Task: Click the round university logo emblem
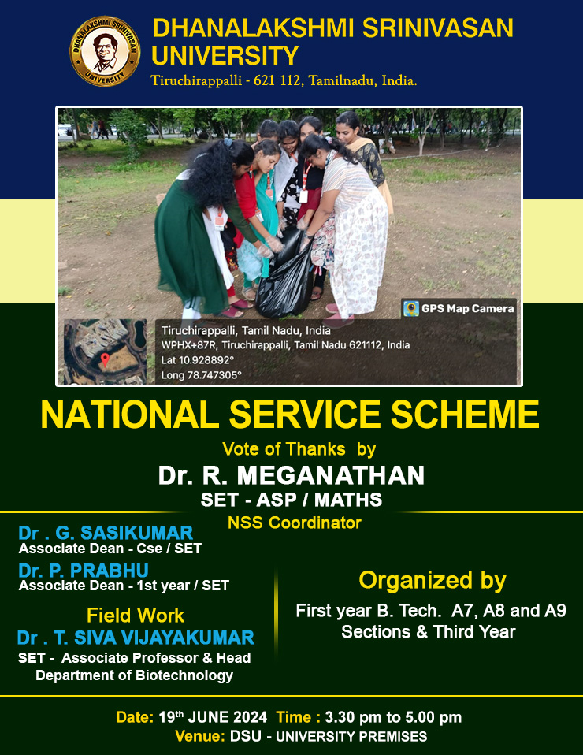click(x=105, y=51)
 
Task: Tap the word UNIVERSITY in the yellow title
click(x=225, y=56)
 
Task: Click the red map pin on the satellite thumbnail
click(x=105, y=359)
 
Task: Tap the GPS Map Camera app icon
click(x=410, y=309)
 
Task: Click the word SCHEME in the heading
click(x=464, y=415)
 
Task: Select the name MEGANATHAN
click(x=331, y=475)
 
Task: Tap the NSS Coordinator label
click(x=294, y=523)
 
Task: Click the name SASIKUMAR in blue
click(x=136, y=533)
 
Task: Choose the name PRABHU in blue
click(x=110, y=571)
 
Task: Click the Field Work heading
click(x=136, y=616)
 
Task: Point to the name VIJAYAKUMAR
click(x=188, y=638)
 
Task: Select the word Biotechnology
click(x=184, y=675)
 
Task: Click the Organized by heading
click(x=433, y=581)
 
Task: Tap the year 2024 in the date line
click(x=250, y=717)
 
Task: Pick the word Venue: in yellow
click(x=200, y=736)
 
